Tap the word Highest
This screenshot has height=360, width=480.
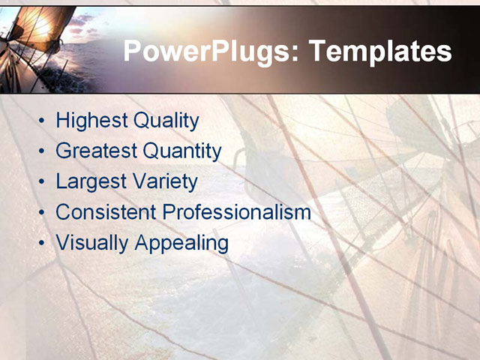91,120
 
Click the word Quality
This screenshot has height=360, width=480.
166,120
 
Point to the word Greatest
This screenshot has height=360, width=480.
96,151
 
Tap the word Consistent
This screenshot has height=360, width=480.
106,212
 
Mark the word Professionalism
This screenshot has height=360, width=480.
236,212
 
